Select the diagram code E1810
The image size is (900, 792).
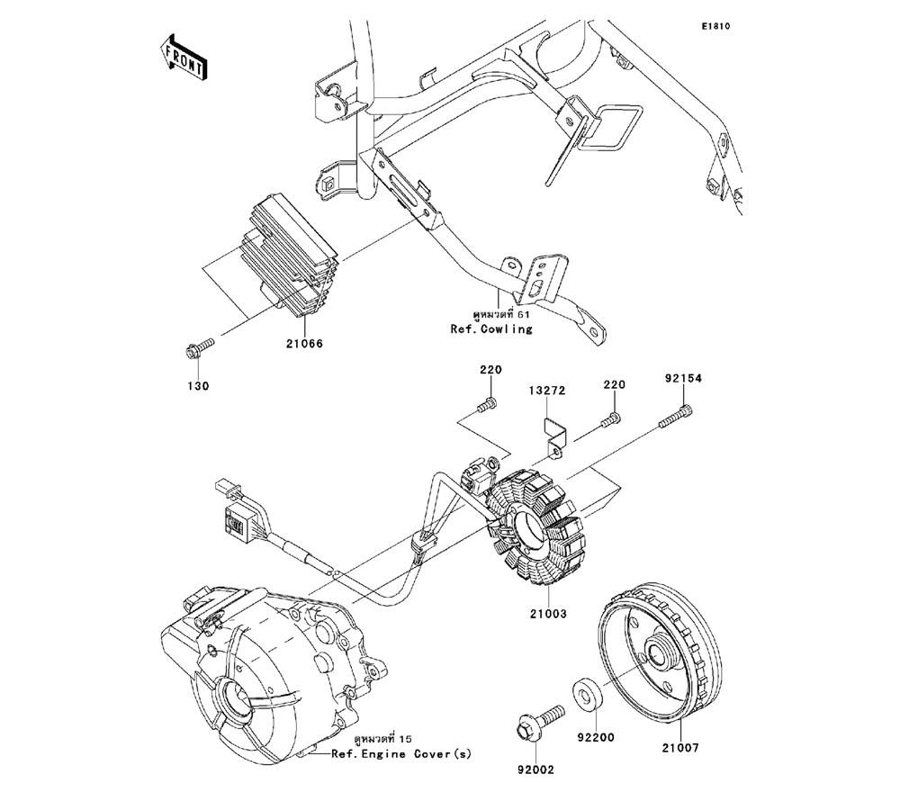tap(715, 26)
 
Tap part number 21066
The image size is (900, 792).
tap(304, 344)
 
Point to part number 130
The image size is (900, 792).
tap(198, 385)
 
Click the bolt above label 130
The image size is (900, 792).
tap(199, 347)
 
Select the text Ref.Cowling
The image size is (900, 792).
tap(491, 329)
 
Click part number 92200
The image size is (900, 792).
tap(596, 737)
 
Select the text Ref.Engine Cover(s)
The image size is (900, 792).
tap(400, 754)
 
